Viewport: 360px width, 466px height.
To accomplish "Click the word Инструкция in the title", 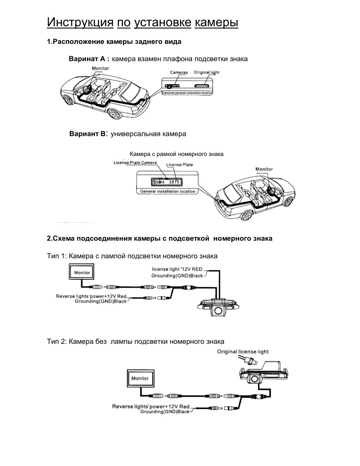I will (x=80, y=22).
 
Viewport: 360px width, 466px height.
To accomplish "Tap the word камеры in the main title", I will (x=216, y=22).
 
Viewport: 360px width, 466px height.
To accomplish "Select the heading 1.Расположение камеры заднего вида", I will (x=114, y=42).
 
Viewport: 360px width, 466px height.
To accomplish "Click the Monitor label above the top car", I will (x=100, y=68).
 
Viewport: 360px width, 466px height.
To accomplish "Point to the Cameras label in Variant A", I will (x=178, y=72).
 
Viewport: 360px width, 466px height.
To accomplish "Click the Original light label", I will (x=206, y=72).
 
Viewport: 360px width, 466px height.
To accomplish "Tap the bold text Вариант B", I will (x=88, y=134).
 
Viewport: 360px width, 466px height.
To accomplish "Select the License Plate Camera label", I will (x=135, y=163).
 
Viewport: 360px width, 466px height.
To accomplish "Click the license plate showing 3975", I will (x=166, y=182).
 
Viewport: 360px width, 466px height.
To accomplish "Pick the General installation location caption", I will (x=168, y=191).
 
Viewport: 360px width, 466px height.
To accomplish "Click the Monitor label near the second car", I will (x=264, y=169).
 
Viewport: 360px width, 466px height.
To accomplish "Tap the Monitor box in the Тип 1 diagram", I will (x=82, y=272).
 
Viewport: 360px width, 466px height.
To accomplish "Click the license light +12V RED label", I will (x=177, y=269).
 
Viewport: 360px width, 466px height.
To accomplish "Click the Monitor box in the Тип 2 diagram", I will (x=140, y=379).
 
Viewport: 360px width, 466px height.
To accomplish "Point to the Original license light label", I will (x=243, y=352).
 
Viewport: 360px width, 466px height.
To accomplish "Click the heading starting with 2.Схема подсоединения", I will (x=159, y=238).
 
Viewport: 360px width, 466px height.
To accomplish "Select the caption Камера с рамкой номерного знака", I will (x=176, y=154).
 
